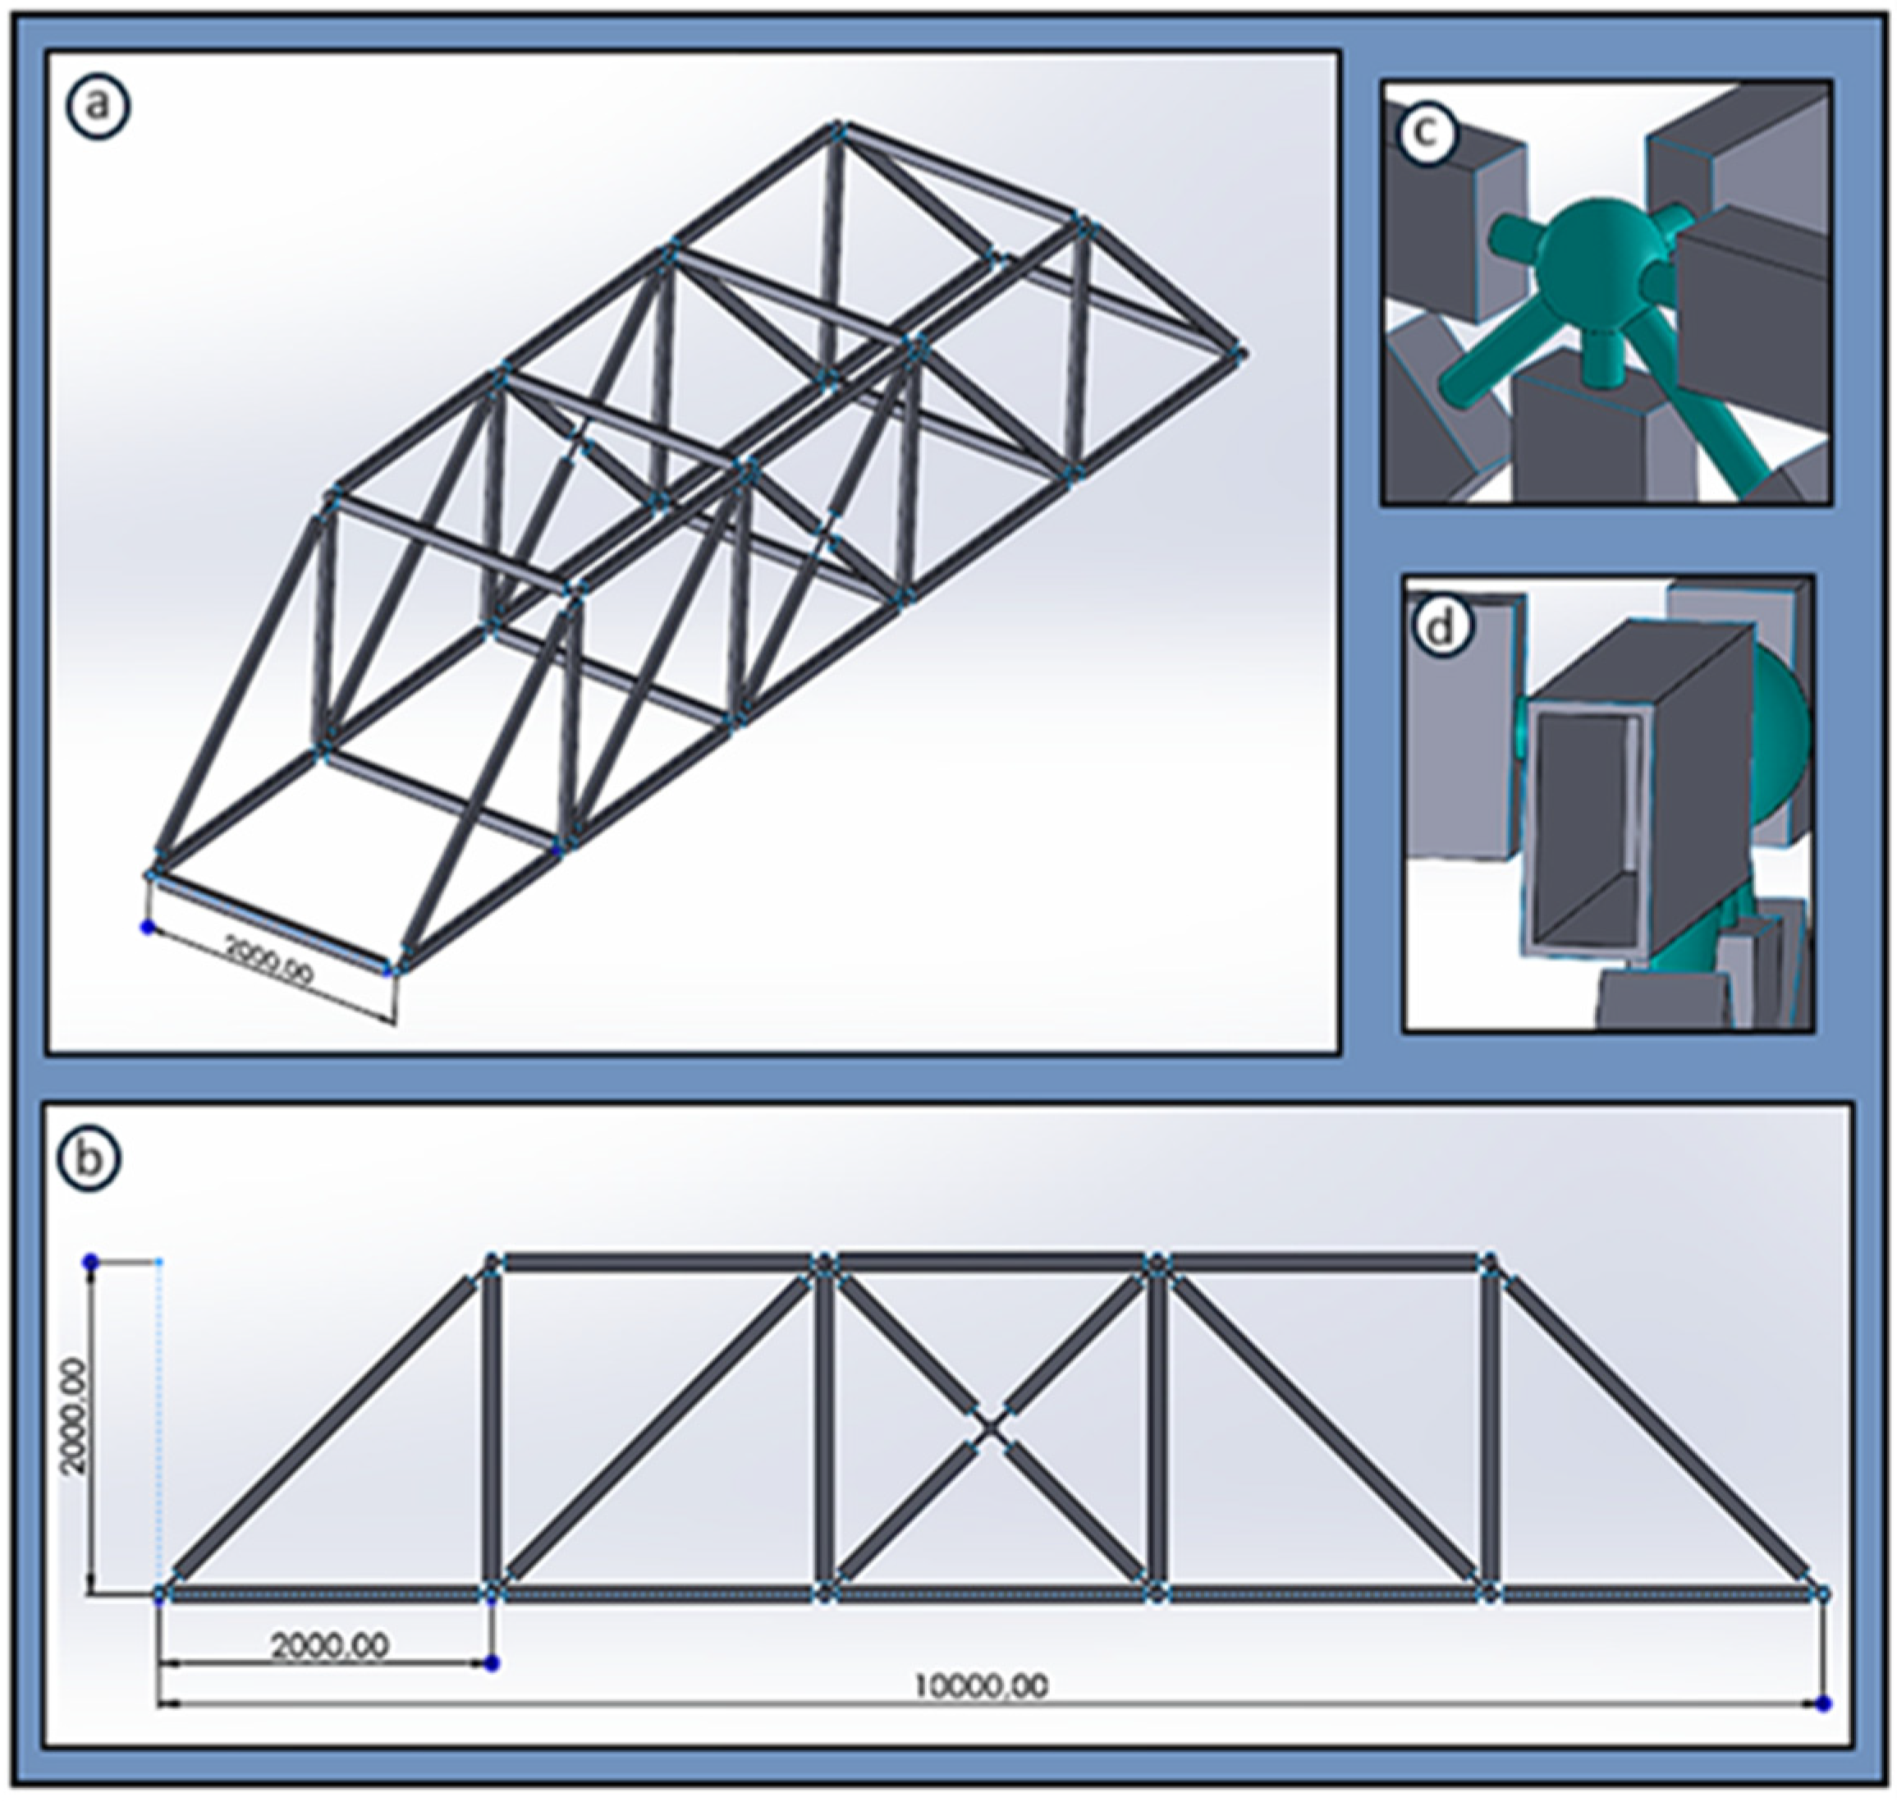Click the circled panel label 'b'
pos(89,1158)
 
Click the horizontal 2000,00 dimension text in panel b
pos(329,1645)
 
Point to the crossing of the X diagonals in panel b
pos(990,1428)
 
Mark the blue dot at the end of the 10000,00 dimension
pos(1823,1703)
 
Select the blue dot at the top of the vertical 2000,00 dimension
pos(91,1261)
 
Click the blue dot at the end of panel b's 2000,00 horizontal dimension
pos(492,1662)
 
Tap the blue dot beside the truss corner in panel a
pos(147,927)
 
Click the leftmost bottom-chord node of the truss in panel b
pos(162,1594)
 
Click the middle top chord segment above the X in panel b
pos(990,1261)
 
